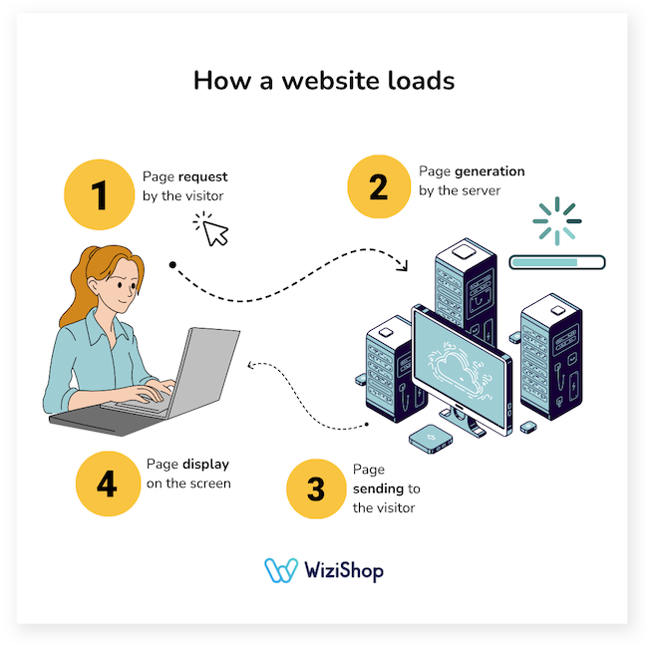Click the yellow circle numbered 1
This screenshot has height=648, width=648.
click(x=99, y=193)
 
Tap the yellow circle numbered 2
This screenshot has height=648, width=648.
click(x=379, y=186)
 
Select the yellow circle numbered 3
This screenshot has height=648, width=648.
click(x=315, y=488)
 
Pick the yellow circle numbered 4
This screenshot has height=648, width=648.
click(x=107, y=485)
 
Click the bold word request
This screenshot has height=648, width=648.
click(x=201, y=175)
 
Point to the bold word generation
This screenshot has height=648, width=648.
click(x=486, y=171)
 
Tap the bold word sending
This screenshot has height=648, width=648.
click(x=378, y=488)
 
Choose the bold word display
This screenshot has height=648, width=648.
click(x=206, y=465)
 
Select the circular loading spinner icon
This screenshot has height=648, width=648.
click(x=556, y=219)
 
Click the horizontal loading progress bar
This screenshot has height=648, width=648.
click(x=556, y=263)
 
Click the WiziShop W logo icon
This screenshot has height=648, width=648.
click(x=281, y=570)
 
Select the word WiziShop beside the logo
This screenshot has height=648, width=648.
click(x=345, y=571)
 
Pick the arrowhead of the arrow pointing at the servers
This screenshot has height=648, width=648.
click(x=404, y=266)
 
